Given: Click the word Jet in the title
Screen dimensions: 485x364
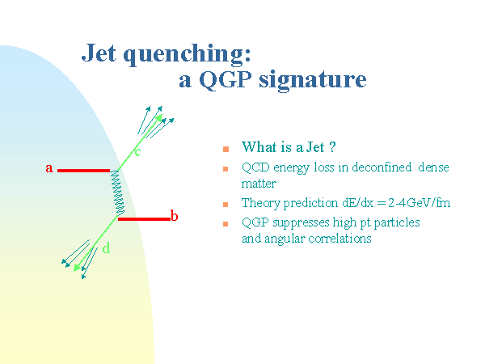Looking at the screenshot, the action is click(x=99, y=53).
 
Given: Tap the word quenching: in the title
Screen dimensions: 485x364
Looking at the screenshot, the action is click(x=188, y=55).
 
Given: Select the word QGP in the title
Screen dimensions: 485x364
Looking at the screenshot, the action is click(x=226, y=79).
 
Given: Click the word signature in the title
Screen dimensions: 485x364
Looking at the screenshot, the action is click(x=313, y=81).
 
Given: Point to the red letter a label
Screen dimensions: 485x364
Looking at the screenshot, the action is click(x=49, y=168).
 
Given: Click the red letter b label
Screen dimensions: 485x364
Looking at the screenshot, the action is click(x=174, y=215).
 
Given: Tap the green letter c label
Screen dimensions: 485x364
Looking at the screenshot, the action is click(x=137, y=152).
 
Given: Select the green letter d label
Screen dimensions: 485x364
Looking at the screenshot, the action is click(x=106, y=248).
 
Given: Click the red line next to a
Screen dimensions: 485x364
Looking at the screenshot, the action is click(x=83, y=171).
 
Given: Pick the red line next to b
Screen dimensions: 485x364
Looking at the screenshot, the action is click(x=144, y=219).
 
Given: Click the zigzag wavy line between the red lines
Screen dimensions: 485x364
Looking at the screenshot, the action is click(x=117, y=193).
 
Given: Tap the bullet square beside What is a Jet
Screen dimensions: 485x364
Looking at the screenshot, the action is click(x=226, y=149).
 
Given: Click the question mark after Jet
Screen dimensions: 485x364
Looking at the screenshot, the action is click(x=332, y=147).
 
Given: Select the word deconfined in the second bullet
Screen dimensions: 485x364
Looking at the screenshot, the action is click(x=382, y=167).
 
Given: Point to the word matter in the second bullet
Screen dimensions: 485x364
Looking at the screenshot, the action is click(x=259, y=184).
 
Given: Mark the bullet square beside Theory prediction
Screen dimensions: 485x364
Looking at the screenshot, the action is click(x=226, y=205).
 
